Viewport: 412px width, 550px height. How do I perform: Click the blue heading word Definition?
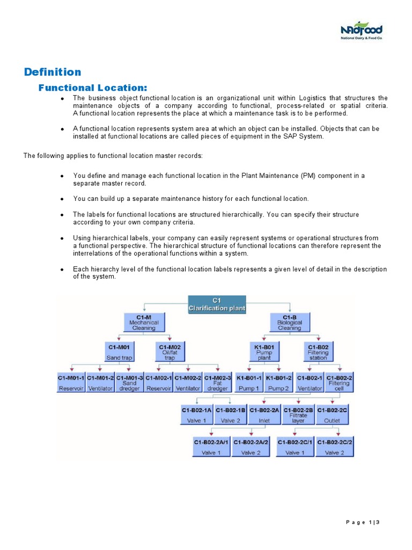pyautogui.click(x=53, y=72)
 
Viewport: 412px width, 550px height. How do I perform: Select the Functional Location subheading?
pyautogui.click(x=93, y=88)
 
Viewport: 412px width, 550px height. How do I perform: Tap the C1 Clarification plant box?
pyautogui.click(x=217, y=305)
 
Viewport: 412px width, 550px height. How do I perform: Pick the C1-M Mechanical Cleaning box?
pyautogui.click(x=144, y=323)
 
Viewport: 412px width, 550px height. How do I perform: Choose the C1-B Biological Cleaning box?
pyautogui.click(x=289, y=323)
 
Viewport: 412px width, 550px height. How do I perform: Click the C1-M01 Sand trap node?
pyautogui.click(x=120, y=352)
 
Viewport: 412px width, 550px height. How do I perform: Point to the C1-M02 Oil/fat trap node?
pyautogui.click(x=170, y=352)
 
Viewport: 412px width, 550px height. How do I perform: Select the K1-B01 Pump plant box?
pyautogui.click(x=264, y=352)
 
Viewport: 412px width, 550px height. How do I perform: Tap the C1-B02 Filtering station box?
pyautogui.click(x=318, y=352)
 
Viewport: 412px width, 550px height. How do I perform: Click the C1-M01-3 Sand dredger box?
pyautogui.click(x=130, y=383)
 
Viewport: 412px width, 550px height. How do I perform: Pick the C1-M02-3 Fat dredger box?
pyautogui.click(x=217, y=383)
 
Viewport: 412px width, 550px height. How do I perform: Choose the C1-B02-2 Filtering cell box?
pyautogui.click(x=339, y=383)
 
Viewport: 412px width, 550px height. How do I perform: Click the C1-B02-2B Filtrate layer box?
pyautogui.click(x=298, y=415)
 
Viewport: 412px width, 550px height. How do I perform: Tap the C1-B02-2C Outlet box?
pyautogui.click(x=333, y=415)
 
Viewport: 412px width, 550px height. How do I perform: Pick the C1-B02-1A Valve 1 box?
pyautogui.click(x=197, y=415)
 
